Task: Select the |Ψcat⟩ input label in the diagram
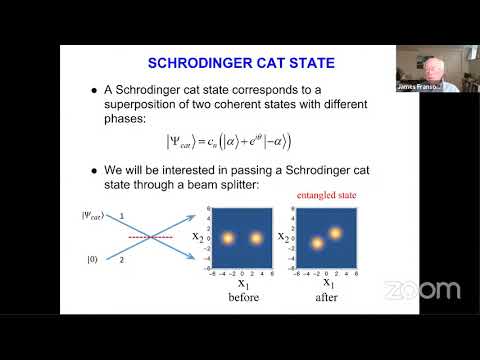pos(93,215)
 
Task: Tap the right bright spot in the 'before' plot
pos(258,239)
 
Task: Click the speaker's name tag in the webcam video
pos(418,87)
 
